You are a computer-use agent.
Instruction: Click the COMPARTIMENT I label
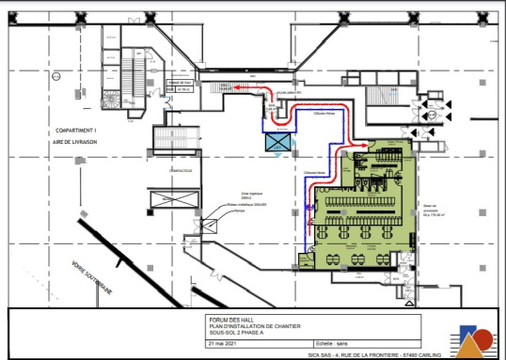point(78,130)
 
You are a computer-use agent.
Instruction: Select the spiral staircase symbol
point(112,101)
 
